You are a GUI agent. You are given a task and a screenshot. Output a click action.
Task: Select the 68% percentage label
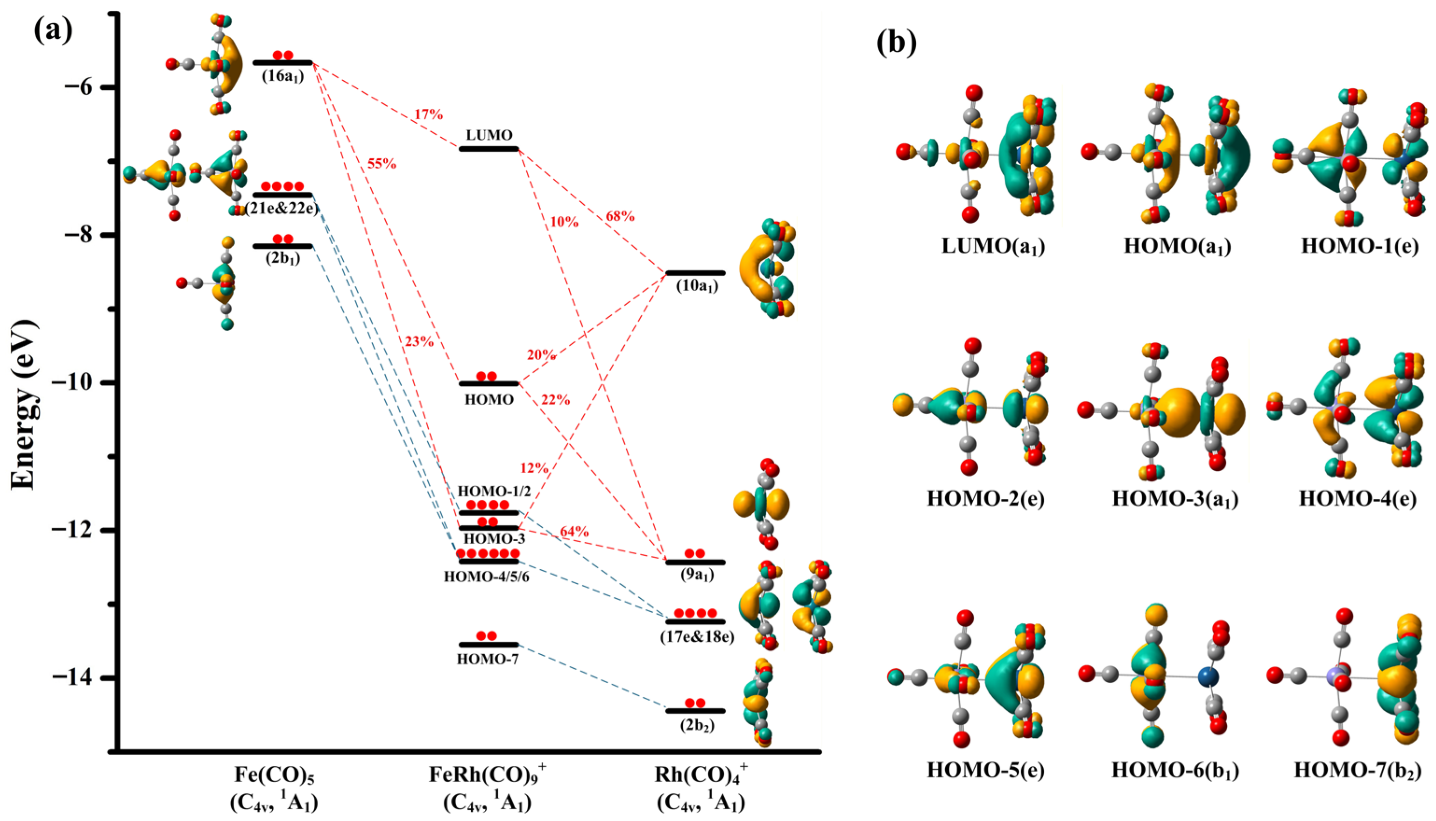click(620, 216)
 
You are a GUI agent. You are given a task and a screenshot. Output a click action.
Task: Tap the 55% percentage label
click(382, 164)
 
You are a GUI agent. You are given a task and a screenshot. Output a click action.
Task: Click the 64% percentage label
click(574, 532)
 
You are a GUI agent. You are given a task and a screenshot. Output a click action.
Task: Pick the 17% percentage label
click(429, 114)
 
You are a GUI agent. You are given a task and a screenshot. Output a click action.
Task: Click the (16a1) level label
click(283, 76)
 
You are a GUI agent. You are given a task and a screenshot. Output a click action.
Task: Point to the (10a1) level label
click(697, 286)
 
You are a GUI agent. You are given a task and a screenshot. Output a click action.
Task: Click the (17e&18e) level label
click(697, 637)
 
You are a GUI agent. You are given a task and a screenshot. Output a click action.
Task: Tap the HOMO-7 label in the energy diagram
click(488, 658)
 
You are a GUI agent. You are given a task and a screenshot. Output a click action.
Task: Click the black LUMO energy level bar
click(489, 149)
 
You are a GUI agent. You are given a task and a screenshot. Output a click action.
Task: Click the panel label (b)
click(897, 43)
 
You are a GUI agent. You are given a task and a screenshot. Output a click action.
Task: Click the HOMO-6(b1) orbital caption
click(1175, 770)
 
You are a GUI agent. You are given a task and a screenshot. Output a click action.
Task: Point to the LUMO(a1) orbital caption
click(993, 247)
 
